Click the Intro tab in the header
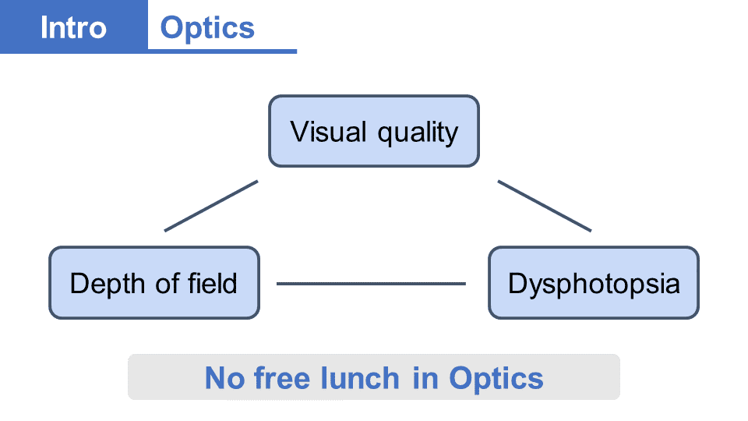[73, 27]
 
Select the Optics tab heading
[207, 28]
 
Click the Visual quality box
[374, 131]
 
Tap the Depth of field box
[154, 283]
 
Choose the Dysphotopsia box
[594, 283]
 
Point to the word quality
[418, 133]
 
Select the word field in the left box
[212, 282]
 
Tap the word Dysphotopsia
[594, 284]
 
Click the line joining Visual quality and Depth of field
[211, 206]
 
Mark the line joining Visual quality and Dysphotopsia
[545, 206]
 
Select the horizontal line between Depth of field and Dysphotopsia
[371, 284]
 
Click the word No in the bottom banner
[224, 379]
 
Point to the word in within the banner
[425, 379]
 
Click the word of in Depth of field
[168, 282]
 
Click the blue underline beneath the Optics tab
[222, 51]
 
